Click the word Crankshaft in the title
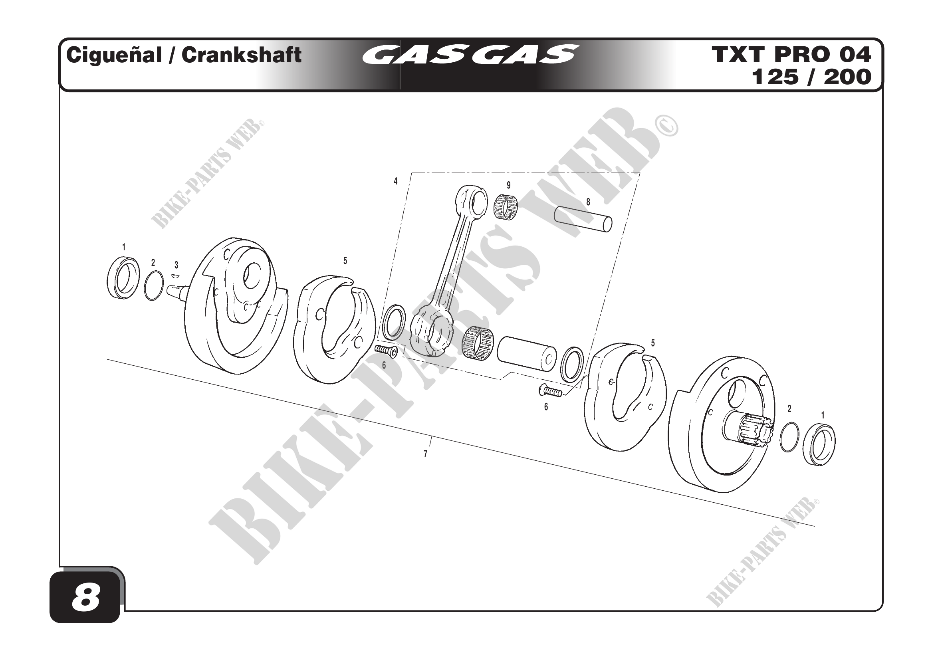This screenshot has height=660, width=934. tap(241, 55)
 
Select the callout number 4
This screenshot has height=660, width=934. tap(395, 181)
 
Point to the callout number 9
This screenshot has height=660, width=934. tap(508, 185)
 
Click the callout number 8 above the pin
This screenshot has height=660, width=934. tap(588, 202)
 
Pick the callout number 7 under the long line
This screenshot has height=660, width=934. tap(426, 454)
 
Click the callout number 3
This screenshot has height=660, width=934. tap(176, 265)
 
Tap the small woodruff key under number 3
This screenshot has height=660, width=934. tap(175, 276)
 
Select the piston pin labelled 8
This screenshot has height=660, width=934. tap(583, 220)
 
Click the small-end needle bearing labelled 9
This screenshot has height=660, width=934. tap(506, 207)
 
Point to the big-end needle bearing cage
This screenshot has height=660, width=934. tap(478, 344)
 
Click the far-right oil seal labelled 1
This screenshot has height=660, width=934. tap(819, 444)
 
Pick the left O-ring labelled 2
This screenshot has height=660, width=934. tap(154, 285)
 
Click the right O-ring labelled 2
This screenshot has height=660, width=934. tap(789, 437)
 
